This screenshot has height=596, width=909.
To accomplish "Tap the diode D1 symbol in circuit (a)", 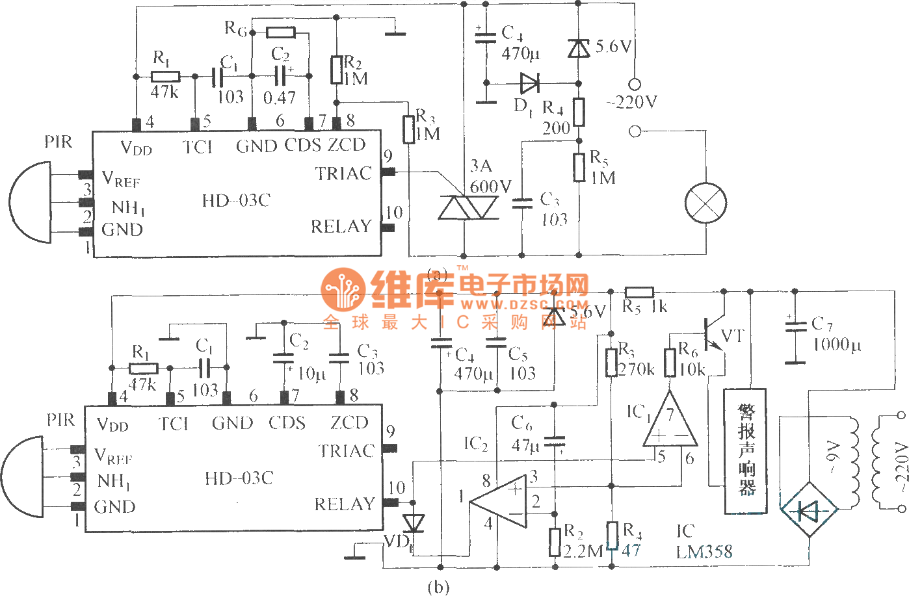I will [529, 83].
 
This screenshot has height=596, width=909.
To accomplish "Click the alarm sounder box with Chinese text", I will [745, 450].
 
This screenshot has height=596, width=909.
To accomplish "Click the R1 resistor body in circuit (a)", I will [165, 77].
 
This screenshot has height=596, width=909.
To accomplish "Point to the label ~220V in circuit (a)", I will [631, 102].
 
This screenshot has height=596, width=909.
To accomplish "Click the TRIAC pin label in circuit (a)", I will [343, 174].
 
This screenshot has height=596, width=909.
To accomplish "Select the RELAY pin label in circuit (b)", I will [345, 504].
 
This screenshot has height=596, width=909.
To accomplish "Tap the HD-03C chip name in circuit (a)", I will [235, 201].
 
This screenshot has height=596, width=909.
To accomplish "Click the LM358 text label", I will [704, 552].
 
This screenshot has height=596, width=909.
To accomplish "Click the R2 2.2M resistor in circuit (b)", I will [555, 541].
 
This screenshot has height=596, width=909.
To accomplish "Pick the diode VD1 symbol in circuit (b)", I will [414, 523].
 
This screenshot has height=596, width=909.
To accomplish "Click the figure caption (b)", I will [438, 587].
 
